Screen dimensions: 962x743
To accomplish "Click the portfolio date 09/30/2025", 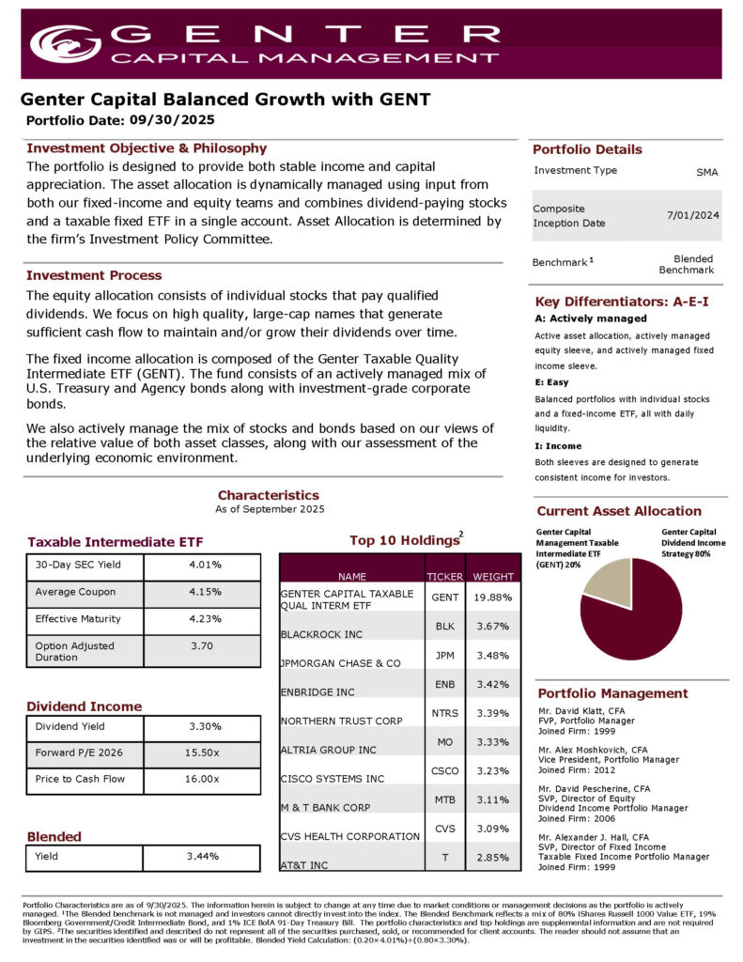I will pos(172,119).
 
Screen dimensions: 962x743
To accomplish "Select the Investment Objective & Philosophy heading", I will pos(147,148).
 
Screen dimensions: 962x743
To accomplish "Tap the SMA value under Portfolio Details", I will pos(706,173).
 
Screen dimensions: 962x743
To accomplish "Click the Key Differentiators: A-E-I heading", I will pos(621,302).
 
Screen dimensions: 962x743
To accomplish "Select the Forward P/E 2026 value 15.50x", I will pos(202,753).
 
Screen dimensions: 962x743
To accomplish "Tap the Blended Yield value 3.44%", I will pos(203,857).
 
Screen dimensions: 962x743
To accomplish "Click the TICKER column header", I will pos(445,576).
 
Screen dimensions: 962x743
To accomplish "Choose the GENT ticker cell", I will pos(445,597).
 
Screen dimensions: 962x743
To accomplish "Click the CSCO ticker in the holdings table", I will pos(445,770).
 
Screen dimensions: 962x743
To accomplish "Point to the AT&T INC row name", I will pos(304,863).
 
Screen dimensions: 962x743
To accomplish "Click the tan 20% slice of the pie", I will pos(609,583).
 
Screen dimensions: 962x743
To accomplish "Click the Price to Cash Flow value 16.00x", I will pos(202,779).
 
